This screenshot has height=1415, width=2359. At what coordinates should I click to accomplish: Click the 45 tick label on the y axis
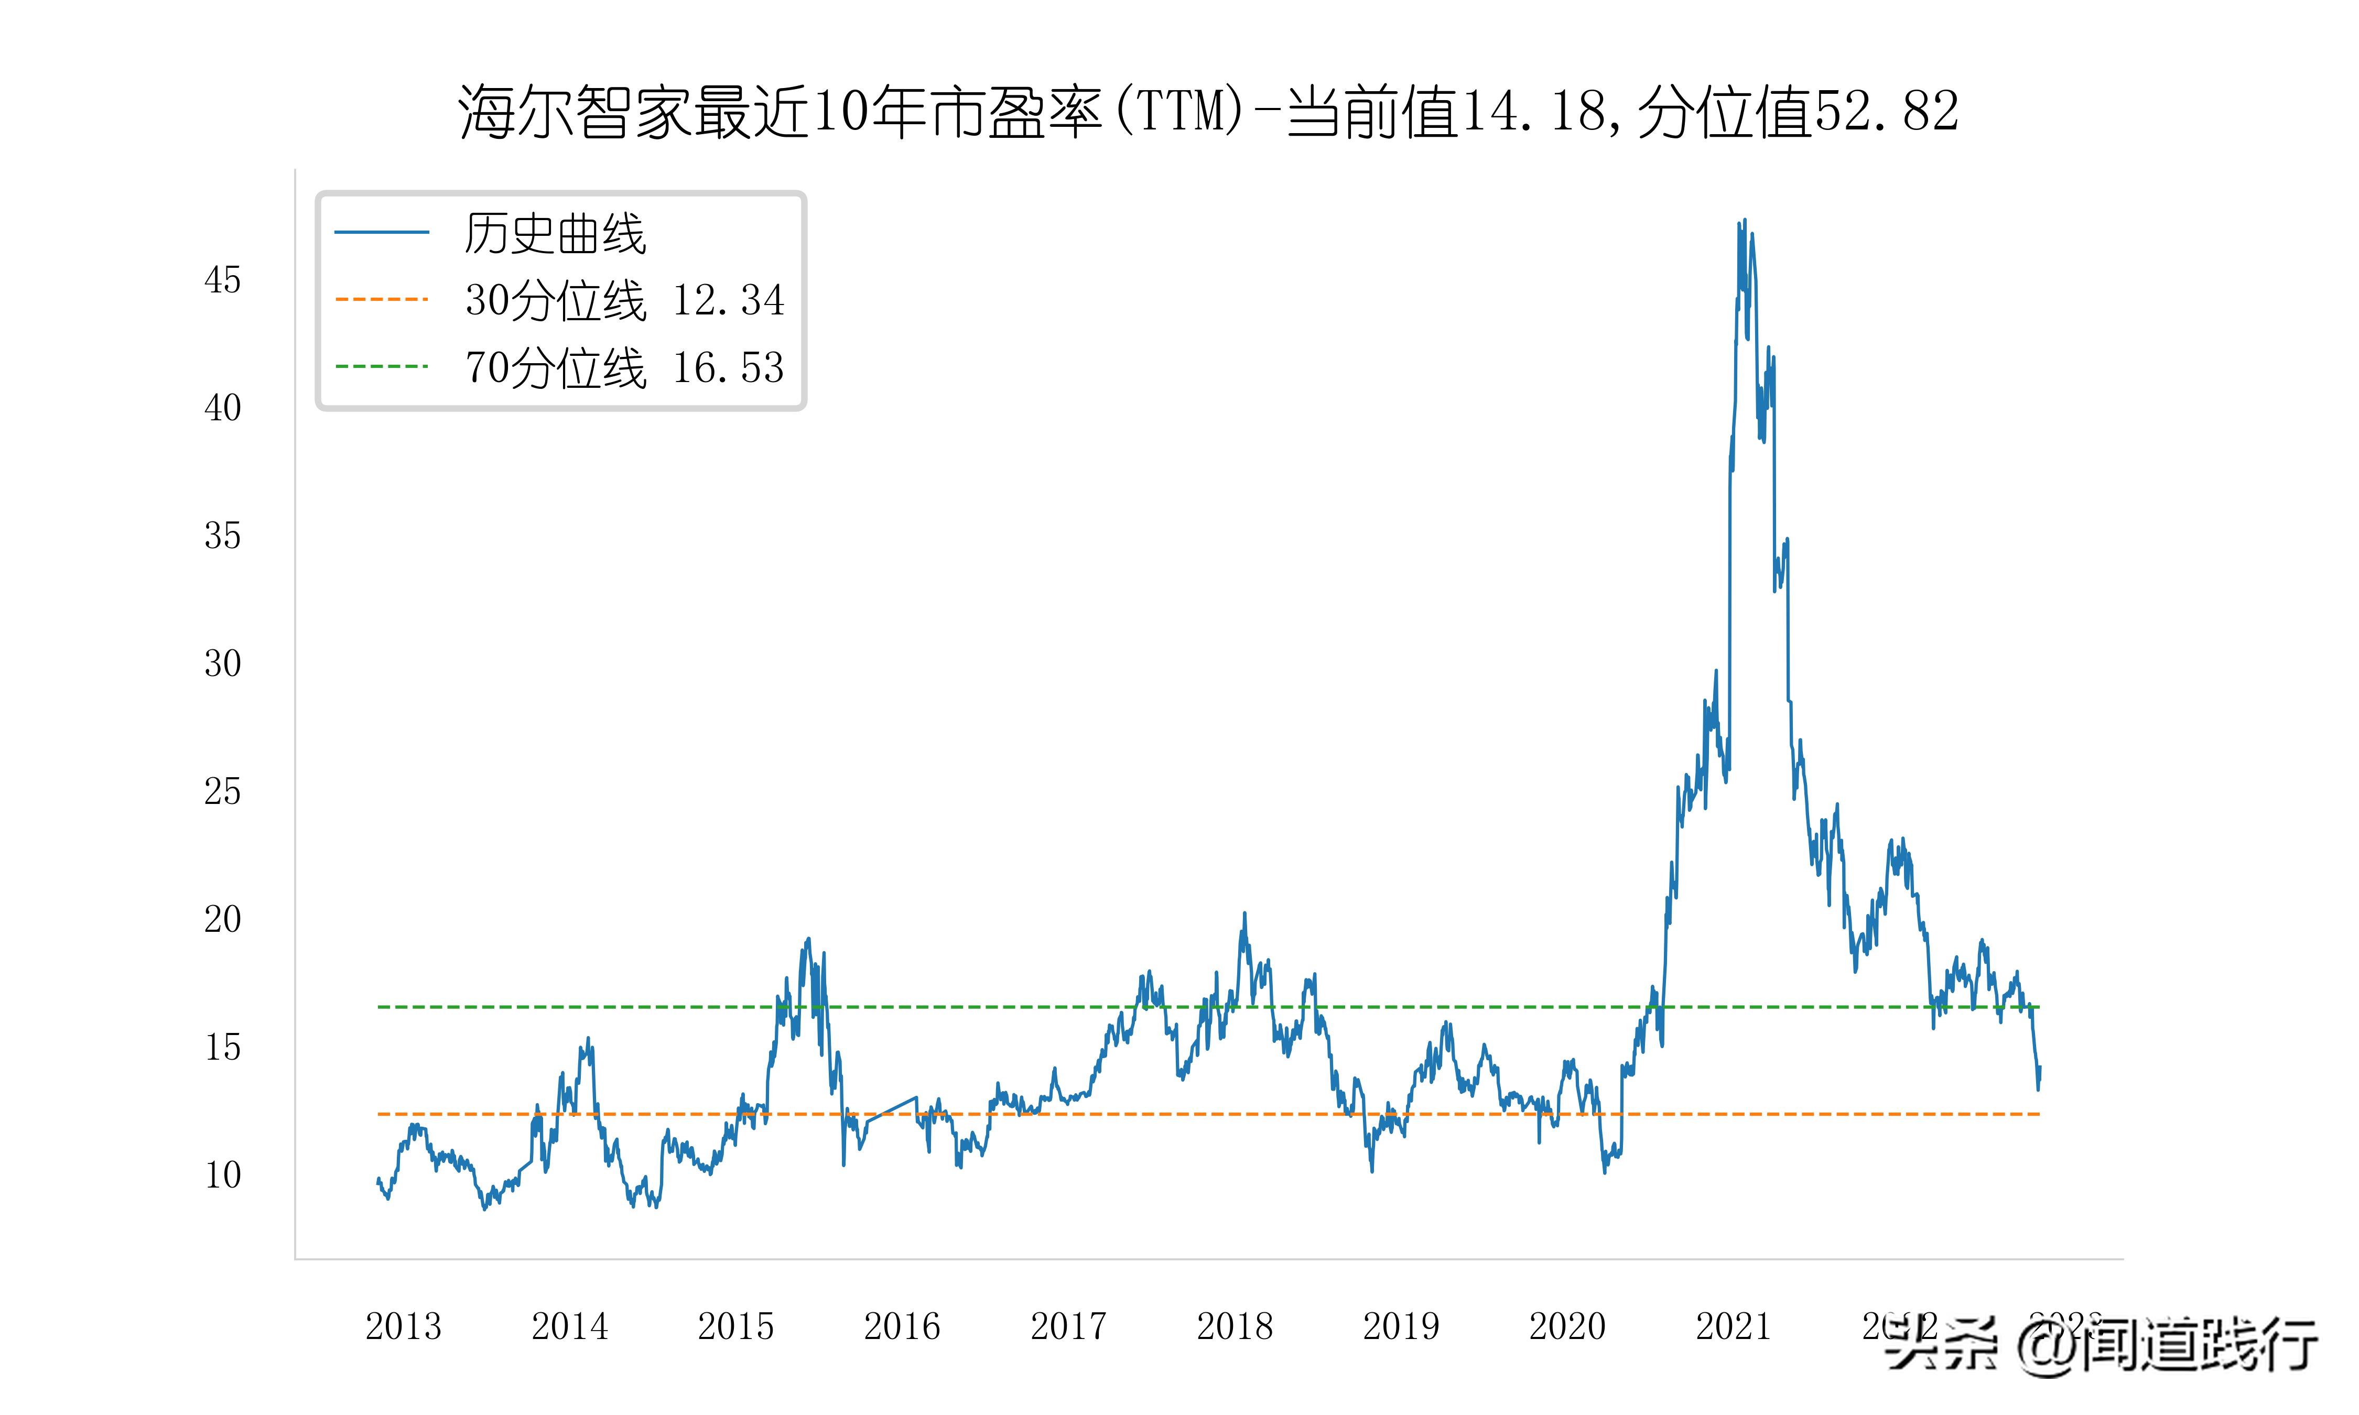pos(222,280)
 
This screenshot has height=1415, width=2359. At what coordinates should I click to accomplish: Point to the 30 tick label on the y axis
pos(222,663)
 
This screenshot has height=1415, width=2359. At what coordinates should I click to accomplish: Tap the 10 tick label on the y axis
pos(222,1175)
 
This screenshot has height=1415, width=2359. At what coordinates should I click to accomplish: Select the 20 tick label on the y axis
pos(222,919)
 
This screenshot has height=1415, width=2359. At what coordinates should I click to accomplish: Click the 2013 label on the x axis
pos(403,1326)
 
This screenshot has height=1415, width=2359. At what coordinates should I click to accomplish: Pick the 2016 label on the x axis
pos(902,1326)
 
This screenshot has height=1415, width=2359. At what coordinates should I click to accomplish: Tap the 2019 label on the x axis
pos(1401,1326)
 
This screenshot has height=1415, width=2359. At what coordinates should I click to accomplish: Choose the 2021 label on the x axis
pos(1733,1326)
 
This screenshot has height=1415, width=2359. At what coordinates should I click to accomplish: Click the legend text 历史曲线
pos(555,234)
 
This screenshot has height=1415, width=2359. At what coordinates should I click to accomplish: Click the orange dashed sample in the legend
pos(382,299)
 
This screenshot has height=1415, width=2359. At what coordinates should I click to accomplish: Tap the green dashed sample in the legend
pos(382,366)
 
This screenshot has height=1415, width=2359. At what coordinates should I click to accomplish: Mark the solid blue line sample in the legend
pos(382,232)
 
